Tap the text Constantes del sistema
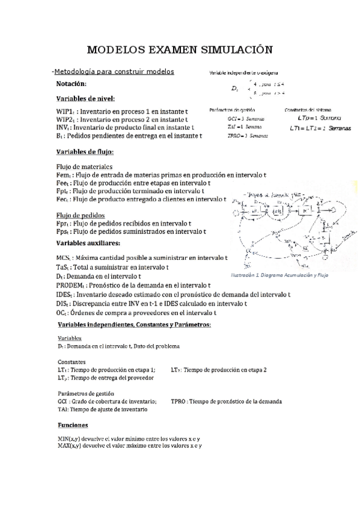coord(307,110)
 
